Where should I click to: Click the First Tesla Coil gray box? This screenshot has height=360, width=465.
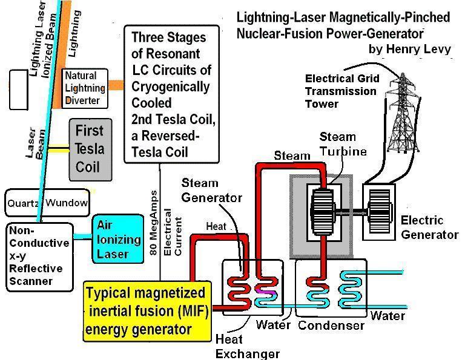(x=90, y=149)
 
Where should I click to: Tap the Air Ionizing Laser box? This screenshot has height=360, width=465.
(x=118, y=240)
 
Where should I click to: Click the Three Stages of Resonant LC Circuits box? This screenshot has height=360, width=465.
(x=170, y=94)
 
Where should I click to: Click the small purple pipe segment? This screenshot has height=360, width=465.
(x=266, y=292)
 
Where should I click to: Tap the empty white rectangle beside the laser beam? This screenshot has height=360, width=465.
(x=18, y=89)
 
